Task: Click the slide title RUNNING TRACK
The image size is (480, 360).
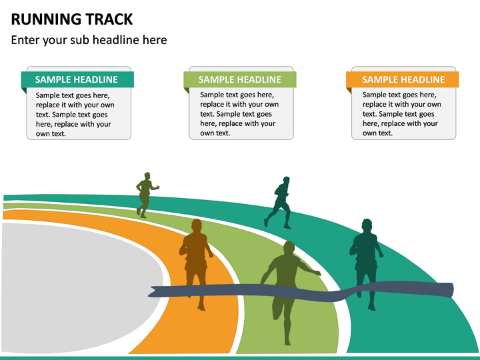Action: [x=72, y=19]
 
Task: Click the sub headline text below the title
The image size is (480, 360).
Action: [x=89, y=40]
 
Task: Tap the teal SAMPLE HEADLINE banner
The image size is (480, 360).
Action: [x=77, y=79]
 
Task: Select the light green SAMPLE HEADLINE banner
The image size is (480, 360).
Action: [x=240, y=79]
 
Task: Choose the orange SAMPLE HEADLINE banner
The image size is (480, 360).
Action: [x=403, y=79]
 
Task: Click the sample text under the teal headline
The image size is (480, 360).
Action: [x=75, y=114]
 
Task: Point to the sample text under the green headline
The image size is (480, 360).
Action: [x=239, y=114]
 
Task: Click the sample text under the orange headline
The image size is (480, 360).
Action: [x=401, y=114]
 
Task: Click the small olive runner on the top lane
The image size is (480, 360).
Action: [x=145, y=194]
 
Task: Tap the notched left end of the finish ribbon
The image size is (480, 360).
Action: [x=154, y=291]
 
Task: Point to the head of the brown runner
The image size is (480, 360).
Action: [x=196, y=225]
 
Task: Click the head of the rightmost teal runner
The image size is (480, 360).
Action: [x=366, y=225]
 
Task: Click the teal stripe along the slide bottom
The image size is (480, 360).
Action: [x=240, y=357]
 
